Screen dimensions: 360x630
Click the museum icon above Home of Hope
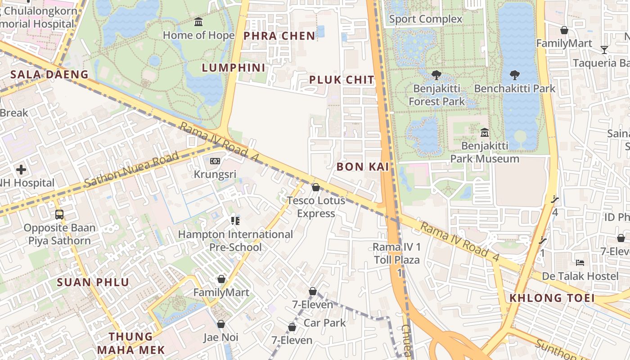click(198, 22)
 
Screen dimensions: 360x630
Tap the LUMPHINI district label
click(233, 68)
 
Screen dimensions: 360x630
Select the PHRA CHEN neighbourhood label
click(279, 36)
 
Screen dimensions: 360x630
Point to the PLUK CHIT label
click(342, 80)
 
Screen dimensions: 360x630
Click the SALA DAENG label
click(49, 75)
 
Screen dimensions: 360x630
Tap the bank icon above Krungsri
click(215, 161)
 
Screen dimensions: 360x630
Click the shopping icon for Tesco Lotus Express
click(316, 187)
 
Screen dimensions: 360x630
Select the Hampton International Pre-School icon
click(235, 220)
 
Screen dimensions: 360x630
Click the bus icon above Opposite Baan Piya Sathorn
click(59, 214)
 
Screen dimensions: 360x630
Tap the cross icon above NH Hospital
click(21, 170)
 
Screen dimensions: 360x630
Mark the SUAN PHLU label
click(93, 283)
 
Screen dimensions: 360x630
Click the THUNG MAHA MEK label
click(131, 343)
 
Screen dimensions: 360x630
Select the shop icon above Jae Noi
click(221, 324)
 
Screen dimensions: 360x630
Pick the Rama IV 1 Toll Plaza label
click(397, 253)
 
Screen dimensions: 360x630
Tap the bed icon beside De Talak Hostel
click(580, 262)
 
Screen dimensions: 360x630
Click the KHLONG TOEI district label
click(552, 298)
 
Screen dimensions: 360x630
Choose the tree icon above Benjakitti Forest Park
click(436, 75)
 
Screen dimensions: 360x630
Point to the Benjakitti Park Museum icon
click(485, 133)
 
